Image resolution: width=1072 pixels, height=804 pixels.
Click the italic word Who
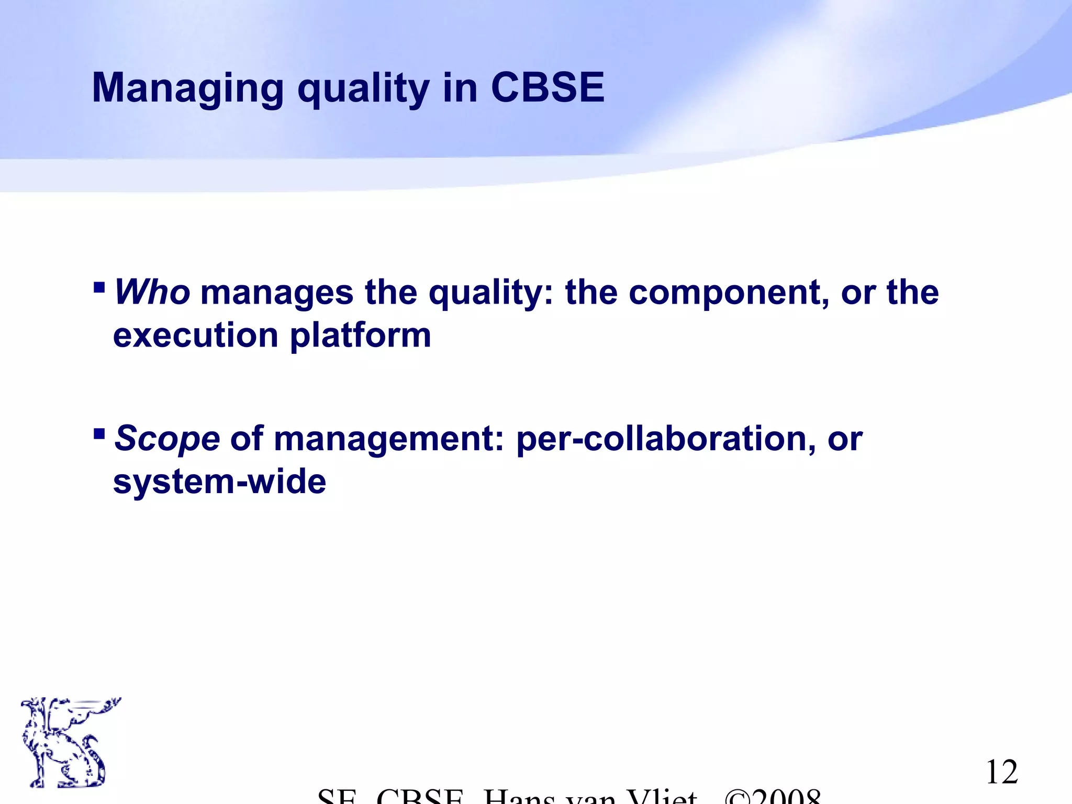[152, 292]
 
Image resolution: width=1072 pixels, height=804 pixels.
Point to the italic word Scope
[167, 438]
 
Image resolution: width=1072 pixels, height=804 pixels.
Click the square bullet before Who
[99, 287]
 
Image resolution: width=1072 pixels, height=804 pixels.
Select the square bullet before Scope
[99, 433]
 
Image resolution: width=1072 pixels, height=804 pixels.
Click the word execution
[195, 335]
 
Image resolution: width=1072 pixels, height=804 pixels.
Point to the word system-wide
[219, 482]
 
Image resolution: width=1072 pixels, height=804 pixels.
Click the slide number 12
[1001, 772]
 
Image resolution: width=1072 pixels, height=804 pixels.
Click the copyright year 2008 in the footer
[785, 797]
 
